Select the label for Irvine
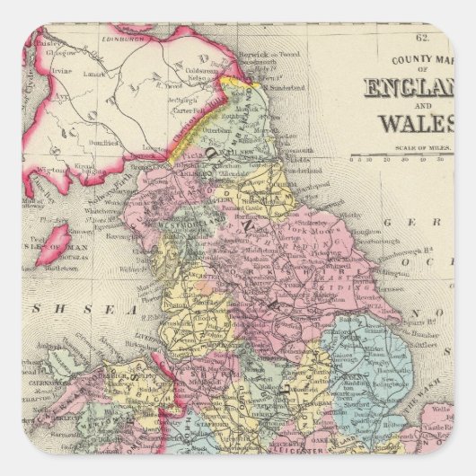(x=60, y=70)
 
